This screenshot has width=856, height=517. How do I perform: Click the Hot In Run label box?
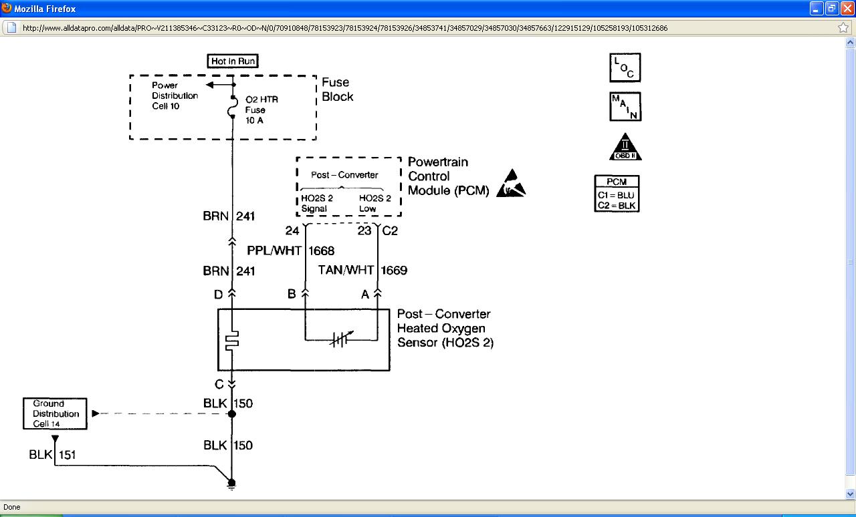pos(233,61)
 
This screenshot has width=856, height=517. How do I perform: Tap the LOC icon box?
pos(625,67)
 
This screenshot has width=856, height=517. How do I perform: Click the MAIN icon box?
pos(625,107)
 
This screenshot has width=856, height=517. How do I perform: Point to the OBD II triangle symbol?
pos(625,148)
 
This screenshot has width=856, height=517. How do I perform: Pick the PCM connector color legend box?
pos(617,194)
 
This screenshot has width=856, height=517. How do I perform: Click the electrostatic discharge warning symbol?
pos(511,184)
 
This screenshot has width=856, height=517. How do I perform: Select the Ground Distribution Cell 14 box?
pos(56,413)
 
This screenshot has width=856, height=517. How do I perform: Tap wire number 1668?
pos(321,251)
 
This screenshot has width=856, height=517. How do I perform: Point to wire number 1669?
pos(394,271)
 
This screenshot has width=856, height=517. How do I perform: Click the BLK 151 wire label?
pos(52,455)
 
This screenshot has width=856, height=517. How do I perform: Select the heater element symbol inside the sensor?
pos(232,341)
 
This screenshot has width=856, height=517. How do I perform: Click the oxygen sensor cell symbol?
pos(341,339)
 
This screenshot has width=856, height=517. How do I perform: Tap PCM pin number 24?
pos(292,231)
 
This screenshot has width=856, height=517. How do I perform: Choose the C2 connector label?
pos(389,231)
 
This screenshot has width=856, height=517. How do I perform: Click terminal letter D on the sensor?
pos(218,294)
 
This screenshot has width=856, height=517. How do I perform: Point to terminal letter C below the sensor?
pos(219,384)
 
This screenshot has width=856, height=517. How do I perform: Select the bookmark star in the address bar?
pos(843,28)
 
